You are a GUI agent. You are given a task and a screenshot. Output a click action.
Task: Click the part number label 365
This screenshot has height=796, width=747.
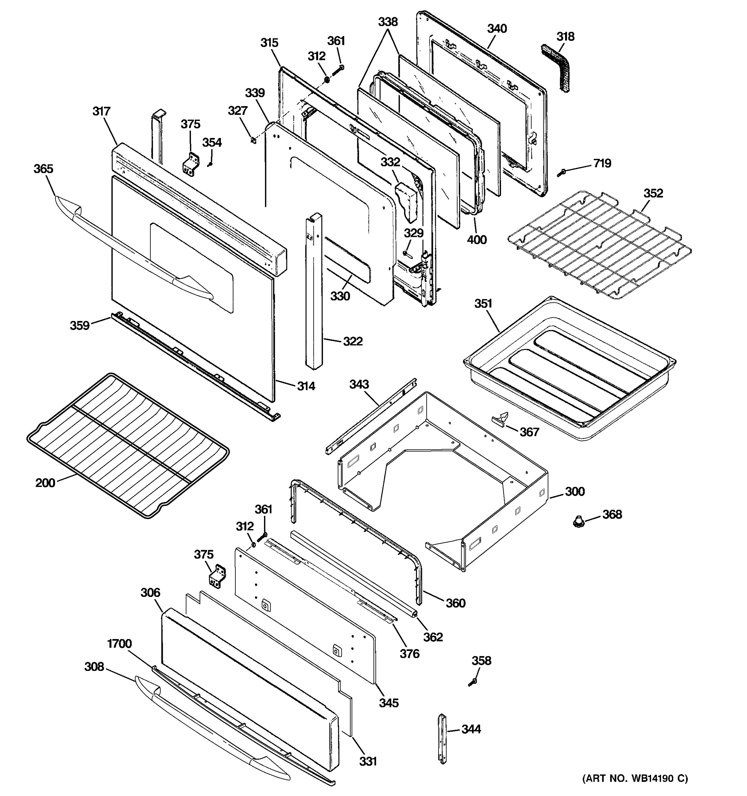pyautogui.click(x=43, y=168)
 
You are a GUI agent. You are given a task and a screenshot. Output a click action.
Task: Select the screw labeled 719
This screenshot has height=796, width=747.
pyautogui.click(x=561, y=172)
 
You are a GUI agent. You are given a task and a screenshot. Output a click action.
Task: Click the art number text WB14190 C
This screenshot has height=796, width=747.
pyautogui.click(x=635, y=778)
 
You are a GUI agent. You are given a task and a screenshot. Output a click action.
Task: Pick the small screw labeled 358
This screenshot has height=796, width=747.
pyautogui.click(x=473, y=682)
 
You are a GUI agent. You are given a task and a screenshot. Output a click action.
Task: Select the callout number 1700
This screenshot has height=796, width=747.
pyautogui.click(x=120, y=643)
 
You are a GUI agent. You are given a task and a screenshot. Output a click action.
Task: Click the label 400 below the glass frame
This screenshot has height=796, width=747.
pyautogui.click(x=476, y=240)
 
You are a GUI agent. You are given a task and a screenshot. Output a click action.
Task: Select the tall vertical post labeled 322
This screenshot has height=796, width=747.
pyautogui.click(x=313, y=292)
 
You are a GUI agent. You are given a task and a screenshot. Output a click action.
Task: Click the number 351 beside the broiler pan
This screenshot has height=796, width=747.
pyautogui.click(x=483, y=303)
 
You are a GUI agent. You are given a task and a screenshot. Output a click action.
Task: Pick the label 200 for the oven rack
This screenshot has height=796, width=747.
pyautogui.click(x=45, y=483)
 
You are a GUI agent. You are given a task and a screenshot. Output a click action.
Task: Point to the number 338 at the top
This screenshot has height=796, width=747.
pyautogui.click(x=387, y=22)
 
